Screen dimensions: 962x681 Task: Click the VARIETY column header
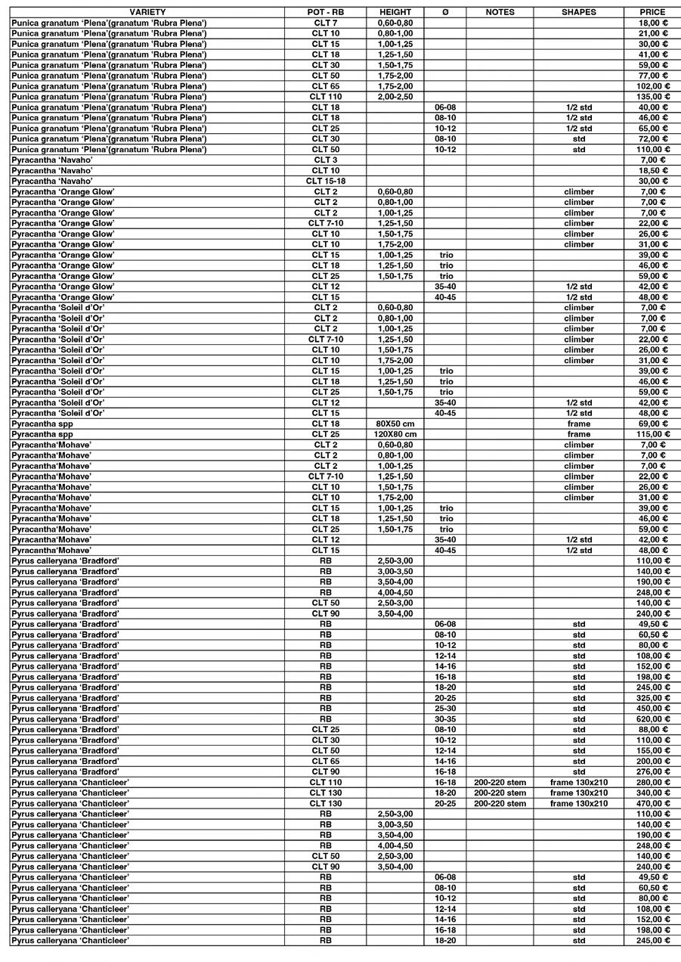pyautogui.click(x=147, y=12)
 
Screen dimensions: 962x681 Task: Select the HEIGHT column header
pyautogui.click(x=395, y=12)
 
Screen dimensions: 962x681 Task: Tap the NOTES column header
pyautogui.click(x=500, y=12)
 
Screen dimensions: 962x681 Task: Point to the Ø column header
pyautogui.click(x=445, y=12)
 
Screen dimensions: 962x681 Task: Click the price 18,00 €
pyautogui.click(x=653, y=23)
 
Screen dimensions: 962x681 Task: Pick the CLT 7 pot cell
pyautogui.click(x=326, y=23)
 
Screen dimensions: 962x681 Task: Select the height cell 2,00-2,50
pyautogui.click(x=395, y=97)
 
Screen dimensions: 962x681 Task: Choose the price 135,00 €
pyautogui.click(x=653, y=97)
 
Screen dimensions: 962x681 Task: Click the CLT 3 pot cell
pyautogui.click(x=326, y=160)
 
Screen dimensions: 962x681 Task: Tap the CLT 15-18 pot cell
pyautogui.click(x=326, y=182)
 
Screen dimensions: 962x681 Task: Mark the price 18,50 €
pyautogui.click(x=653, y=171)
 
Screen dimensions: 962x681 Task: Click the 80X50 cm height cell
pyautogui.click(x=395, y=424)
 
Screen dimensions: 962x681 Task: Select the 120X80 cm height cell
pyautogui.click(x=395, y=435)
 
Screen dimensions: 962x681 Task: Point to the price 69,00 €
pyautogui.click(x=653, y=424)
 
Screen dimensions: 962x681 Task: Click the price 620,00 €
pyautogui.click(x=653, y=719)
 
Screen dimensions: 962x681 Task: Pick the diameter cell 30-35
pyautogui.click(x=445, y=719)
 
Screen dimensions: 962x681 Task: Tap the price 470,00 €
pyautogui.click(x=653, y=803)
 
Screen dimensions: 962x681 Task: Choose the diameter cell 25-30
pyautogui.click(x=445, y=709)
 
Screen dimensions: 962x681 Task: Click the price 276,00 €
pyautogui.click(x=653, y=771)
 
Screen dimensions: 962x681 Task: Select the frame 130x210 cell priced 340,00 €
pyautogui.click(x=579, y=793)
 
